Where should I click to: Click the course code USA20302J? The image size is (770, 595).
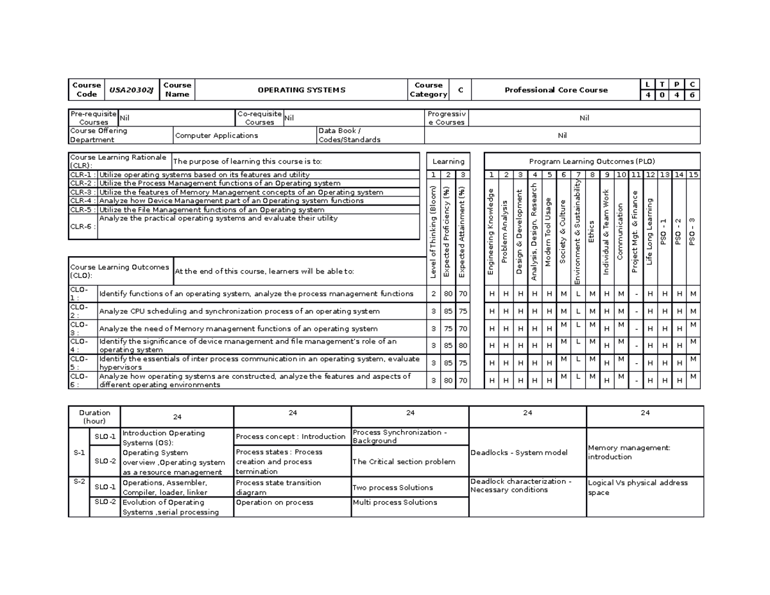pos(131,90)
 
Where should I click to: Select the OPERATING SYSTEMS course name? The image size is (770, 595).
pos(301,90)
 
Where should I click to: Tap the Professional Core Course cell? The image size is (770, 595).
pos(556,90)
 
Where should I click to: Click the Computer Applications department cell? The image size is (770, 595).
pos(216,135)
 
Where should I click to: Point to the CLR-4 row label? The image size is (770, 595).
pos(83,201)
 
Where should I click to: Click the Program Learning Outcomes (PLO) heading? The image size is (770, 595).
pos(592,162)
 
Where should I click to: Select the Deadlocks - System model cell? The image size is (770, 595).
pos(518,452)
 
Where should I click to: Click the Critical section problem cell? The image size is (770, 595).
pos(404,461)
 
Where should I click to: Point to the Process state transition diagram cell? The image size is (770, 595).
pos(291,487)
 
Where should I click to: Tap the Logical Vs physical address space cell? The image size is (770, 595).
pos(642,487)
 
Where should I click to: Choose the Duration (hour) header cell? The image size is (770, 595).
pos(94,417)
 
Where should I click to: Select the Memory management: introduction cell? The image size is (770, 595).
pos(642,452)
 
